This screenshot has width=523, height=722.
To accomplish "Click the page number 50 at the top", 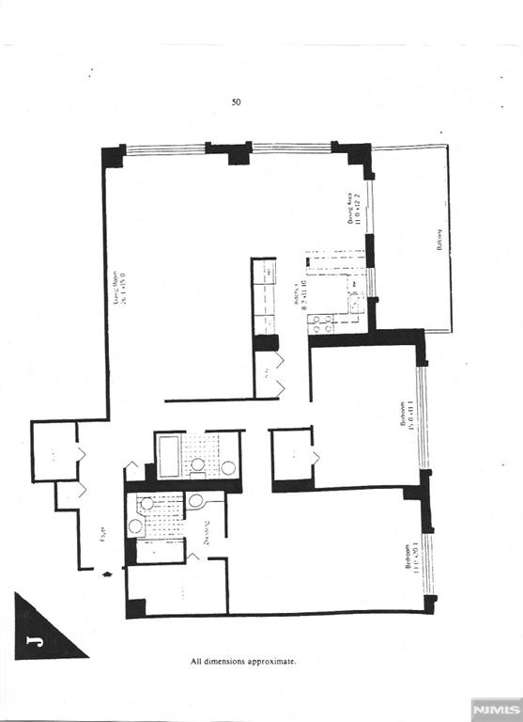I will [236, 102].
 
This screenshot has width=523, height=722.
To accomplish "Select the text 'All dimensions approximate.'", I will [243, 661].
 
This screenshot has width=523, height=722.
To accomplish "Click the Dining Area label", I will [353, 203].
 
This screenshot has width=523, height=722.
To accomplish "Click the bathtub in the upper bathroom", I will [170, 456].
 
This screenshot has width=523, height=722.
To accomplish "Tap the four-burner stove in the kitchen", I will [320, 323].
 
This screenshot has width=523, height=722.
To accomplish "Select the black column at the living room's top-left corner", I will [113, 155].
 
